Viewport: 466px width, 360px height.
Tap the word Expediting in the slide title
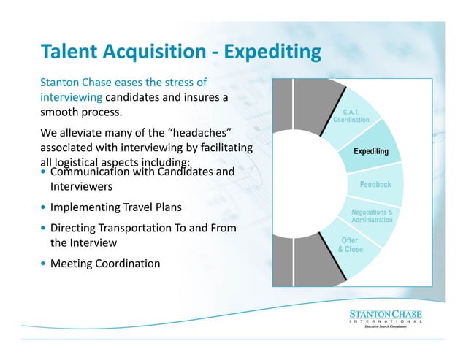pyautogui.click(x=272, y=53)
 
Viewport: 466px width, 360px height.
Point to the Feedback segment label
pyautogui.click(x=375, y=185)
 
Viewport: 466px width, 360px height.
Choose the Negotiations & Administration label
pyautogui.click(x=372, y=216)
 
